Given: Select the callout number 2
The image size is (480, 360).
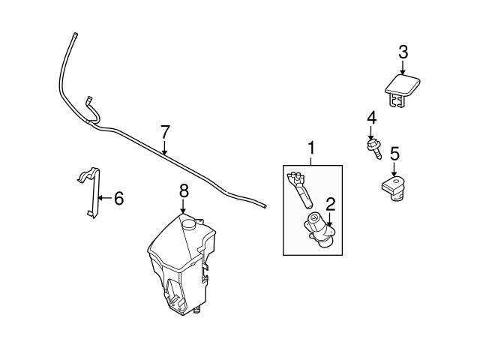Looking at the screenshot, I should tap(328, 202).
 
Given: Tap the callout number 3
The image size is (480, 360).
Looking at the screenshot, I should tap(403, 52).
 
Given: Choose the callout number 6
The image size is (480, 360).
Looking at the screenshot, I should tap(118, 199).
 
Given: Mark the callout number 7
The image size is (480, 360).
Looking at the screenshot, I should tap(165, 131).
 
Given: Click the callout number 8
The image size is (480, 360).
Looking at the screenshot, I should tap(183, 192).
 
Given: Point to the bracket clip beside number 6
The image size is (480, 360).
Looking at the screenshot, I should tap(90, 191).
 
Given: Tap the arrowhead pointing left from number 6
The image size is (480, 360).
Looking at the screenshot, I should tap(100, 199).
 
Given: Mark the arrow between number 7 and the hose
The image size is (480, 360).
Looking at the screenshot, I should tap(165, 147).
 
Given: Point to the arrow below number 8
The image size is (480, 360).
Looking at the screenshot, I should tap(183, 208).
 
